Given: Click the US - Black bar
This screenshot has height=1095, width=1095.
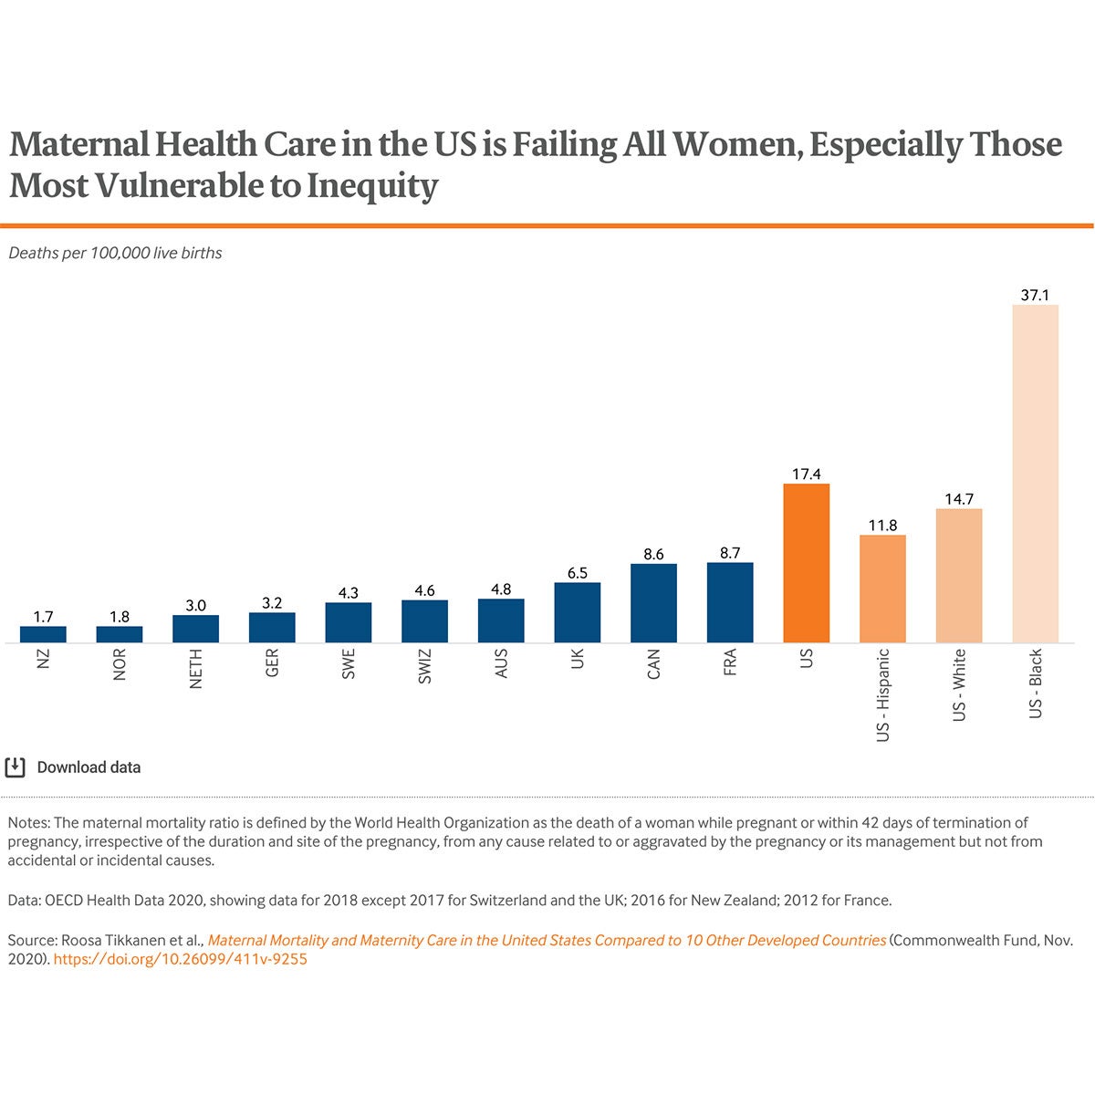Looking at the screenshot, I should pos(1036,474).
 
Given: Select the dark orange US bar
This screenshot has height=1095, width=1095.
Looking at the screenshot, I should pos(807,563).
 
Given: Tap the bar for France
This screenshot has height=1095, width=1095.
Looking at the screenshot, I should pos(730,602).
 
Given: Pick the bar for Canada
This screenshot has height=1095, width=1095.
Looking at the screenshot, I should pos(653,603).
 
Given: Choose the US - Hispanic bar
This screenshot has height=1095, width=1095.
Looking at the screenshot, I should pos(882,589).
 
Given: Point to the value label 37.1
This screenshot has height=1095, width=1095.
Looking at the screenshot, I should pos(1036,295).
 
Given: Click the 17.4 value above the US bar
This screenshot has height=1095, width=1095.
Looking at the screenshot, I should pos(807,474).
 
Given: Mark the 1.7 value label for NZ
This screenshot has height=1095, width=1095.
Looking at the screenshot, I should pos(43,617).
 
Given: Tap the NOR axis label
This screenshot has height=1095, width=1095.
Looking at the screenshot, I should pos(120,665).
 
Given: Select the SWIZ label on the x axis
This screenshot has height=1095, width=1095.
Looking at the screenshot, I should pos(425,667).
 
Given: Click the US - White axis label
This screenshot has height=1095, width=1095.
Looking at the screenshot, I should pos(959,685).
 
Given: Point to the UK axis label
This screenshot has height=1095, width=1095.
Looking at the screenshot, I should pos(578,660).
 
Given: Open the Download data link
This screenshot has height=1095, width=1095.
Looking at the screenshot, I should pos(89,767).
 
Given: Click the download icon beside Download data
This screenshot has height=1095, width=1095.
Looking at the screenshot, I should pos(16,767).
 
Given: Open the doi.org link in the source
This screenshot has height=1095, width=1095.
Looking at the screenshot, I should pos(181,960).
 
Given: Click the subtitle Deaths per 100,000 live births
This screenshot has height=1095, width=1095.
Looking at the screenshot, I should pos(115,253).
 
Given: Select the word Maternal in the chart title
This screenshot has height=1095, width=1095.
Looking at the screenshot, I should pos(76,145).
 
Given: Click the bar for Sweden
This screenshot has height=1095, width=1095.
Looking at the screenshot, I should pos(349,622).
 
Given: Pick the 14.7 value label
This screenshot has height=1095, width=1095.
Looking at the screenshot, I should pos(959,499).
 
